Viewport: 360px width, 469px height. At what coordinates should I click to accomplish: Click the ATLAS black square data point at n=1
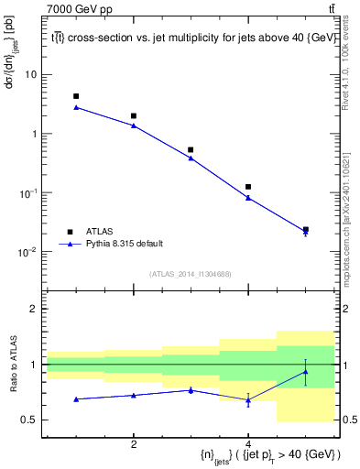click(76, 96)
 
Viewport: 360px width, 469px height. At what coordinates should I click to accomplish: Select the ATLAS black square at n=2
click(134, 116)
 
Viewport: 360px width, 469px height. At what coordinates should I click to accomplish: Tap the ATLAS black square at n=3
click(191, 149)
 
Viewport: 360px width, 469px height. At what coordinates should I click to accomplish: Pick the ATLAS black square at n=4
click(248, 187)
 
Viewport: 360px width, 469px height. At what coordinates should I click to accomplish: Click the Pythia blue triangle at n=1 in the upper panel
click(76, 107)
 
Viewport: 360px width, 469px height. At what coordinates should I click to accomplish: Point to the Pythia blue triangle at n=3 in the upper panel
click(191, 158)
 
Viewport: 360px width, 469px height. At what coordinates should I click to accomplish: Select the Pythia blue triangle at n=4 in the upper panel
click(248, 198)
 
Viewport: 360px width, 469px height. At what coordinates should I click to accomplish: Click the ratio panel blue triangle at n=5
click(305, 371)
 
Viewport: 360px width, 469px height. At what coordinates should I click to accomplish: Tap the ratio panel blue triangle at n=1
click(76, 399)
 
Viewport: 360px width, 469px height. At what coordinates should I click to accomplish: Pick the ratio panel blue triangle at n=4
click(248, 400)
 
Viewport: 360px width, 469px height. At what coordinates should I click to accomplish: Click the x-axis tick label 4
click(248, 444)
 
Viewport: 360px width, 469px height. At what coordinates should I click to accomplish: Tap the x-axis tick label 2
click(134, 444)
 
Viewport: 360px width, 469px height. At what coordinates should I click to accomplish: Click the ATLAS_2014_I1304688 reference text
click(191, 274)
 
